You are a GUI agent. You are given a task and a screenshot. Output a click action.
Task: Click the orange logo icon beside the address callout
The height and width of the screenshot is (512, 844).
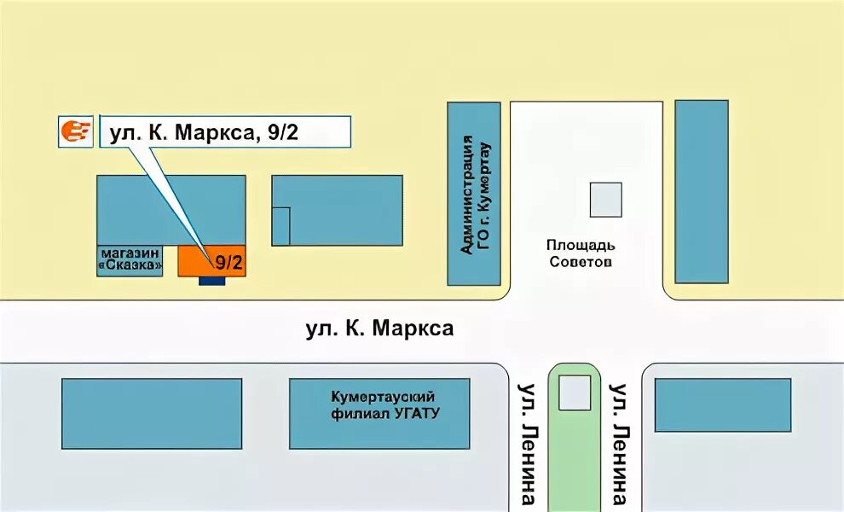[x=75, y=131]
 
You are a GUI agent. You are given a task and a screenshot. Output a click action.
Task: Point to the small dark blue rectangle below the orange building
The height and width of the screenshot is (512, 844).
[x=211, y=281]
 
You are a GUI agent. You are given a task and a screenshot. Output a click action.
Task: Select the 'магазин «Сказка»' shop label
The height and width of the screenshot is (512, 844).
[x=130, y=260]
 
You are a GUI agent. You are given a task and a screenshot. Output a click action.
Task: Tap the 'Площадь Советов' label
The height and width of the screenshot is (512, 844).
[x=579, y=253]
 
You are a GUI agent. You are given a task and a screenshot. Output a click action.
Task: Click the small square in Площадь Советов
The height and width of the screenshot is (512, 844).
[x=605, y=200]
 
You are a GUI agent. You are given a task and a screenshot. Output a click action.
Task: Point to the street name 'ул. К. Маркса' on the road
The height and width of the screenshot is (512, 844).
[x=379, y=329]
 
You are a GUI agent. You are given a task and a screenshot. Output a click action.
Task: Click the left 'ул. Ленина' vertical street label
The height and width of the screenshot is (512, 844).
[x=527, y=444]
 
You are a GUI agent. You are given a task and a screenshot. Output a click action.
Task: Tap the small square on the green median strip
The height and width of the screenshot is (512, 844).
[x=574, y=393]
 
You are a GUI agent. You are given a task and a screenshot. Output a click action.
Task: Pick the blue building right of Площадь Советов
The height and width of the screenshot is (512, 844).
[x=702, y=191]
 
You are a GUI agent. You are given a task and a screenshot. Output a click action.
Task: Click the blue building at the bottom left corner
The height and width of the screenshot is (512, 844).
[x=152, y=413]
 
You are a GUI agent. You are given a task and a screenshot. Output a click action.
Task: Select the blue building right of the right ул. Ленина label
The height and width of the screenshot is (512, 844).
[x=722, y=404]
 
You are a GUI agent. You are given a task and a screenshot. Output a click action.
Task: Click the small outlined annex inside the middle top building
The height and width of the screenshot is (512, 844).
[x=281, y=226]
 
